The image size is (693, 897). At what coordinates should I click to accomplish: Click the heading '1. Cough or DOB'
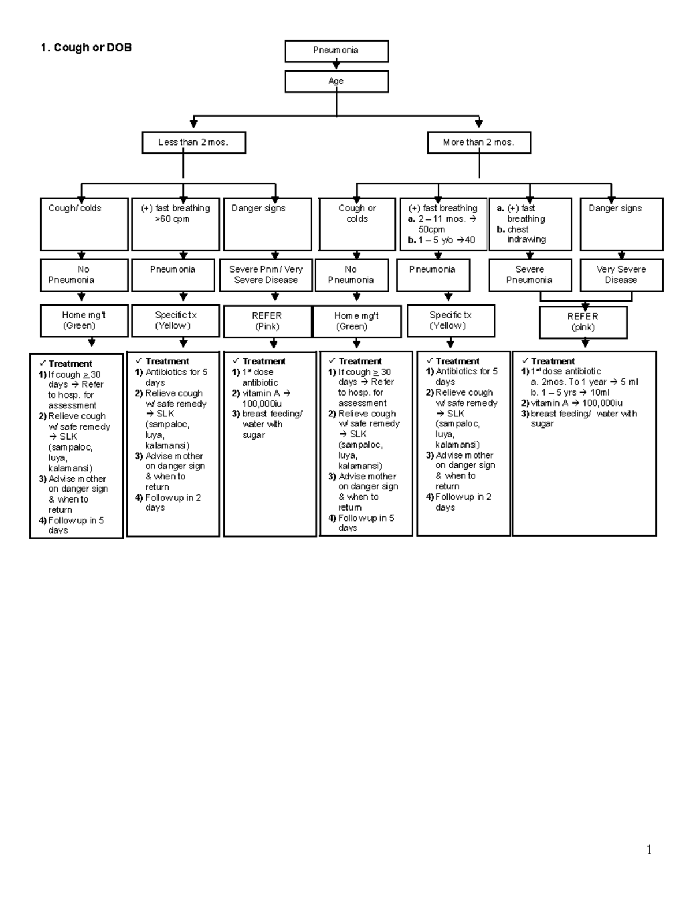[x=86, y=48]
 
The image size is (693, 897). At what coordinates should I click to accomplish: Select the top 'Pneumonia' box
[x=336, y=51]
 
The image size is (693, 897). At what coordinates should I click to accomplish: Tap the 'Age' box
[x=336, y=81]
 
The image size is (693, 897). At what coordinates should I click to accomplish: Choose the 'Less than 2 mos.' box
[x=193, y=143]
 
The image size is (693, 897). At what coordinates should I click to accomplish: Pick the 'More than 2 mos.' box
[x=479, y=143]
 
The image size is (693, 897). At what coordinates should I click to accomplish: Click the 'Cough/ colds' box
[x=84, y=224]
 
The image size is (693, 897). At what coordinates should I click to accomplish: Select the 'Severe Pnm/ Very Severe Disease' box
[x=266, y=275]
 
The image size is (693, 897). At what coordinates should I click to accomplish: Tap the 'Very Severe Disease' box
[x=621, y=275]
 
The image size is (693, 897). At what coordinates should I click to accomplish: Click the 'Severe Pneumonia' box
[x=530, y=275]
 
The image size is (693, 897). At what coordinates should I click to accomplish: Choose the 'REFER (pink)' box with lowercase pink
[x=583, y=322]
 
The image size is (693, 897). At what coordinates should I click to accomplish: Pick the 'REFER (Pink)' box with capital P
[x=267, y=321]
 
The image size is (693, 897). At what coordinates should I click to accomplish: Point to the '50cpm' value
[x=431, y=229]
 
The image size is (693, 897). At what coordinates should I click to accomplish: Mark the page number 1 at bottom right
[x=649, y=850]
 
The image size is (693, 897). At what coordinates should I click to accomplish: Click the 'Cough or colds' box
[x=357, y=224]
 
